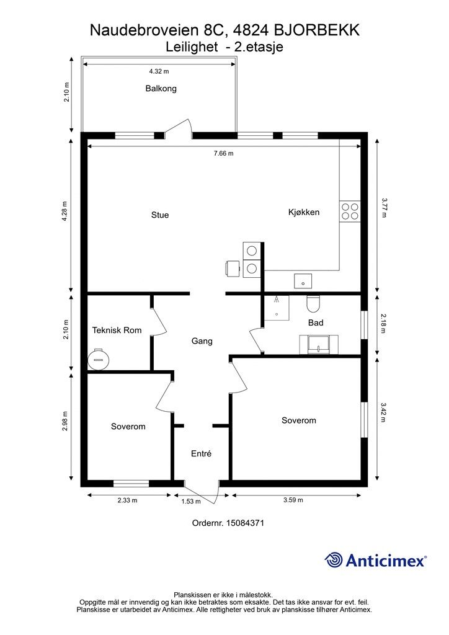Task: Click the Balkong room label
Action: click(161, 88)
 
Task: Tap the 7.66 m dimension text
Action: click(223, 153)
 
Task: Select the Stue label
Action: click(160, 215)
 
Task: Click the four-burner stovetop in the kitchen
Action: click(350, 211)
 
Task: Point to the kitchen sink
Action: click(303, 281)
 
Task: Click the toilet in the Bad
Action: click(313, 304)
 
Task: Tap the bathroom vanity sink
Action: click(319, 344)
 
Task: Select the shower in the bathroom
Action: click(277, 308)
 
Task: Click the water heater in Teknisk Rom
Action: click(99, 359)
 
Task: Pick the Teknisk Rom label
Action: click(117, 330)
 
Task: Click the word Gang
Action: click(202, 341)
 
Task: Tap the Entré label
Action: click(201, 453)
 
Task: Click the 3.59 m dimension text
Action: click(293, 500)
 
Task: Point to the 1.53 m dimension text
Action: click(190, 501)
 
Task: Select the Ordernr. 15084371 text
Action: click(228, 523)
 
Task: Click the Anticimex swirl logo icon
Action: click(334, 560)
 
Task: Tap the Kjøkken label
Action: click(304, 212)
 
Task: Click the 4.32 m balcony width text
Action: click(159, 71)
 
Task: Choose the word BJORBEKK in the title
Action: click(317, 30)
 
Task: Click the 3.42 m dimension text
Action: click(383, 412)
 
